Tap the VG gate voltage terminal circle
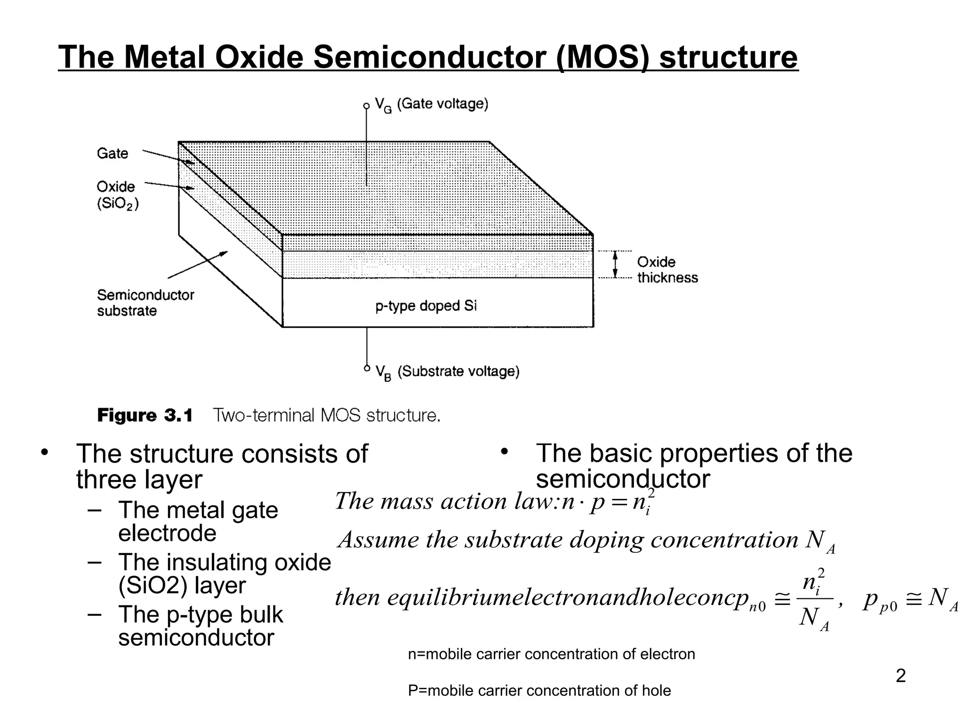click(x=367, y=106)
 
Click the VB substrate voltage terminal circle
click(x=367, y=369)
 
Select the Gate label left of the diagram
click(x=112, y=153)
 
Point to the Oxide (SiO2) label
click(x=117, y=195)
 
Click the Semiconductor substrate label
click(x=145, y=303)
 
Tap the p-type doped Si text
click(x=426, y=306)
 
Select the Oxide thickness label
click(x=667, y=270)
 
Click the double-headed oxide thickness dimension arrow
click(x=615, y=265)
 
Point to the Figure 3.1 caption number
click(x=145, y=416)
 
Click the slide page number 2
click(x=900, y=676)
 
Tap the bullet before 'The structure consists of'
click(x=45, y=453)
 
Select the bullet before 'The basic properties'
click(x=504, y=452)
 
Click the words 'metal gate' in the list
click(x=222, y=510)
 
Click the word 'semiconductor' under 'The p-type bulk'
click(x=196, y=638)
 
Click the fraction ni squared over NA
click(x=814, y=599)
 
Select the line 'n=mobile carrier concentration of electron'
click(x=551, y=654)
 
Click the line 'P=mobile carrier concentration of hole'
click(x=539, y=691)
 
